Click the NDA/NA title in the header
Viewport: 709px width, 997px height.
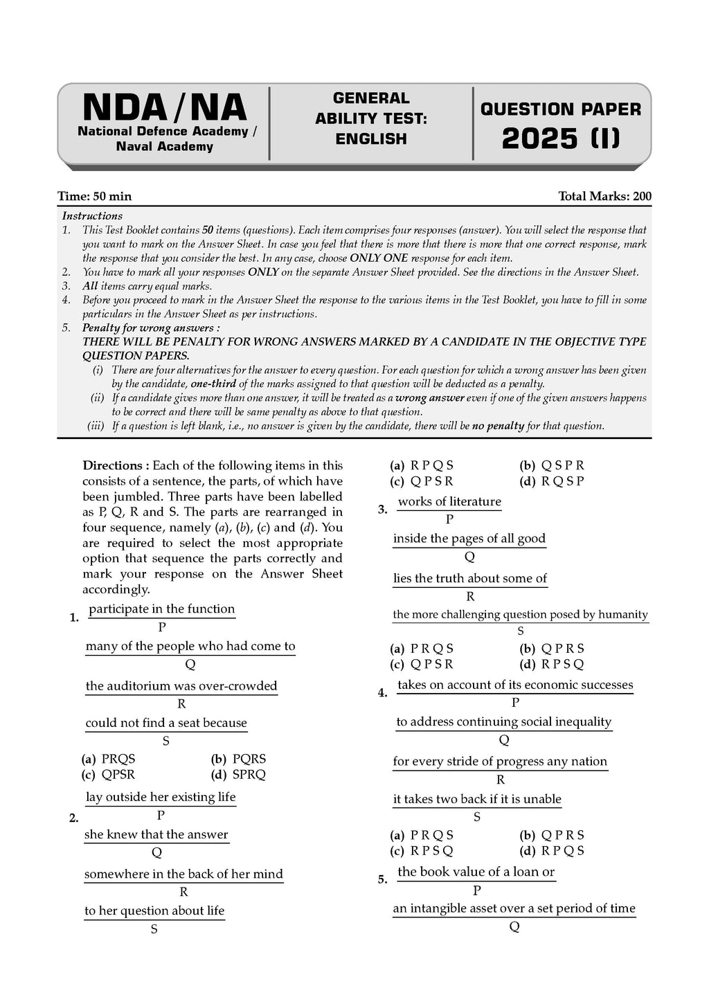point(164,107)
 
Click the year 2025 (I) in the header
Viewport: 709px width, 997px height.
point(560,138)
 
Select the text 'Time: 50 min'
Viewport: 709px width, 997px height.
point(94,197)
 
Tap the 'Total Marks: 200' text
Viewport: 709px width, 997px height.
point(604,197)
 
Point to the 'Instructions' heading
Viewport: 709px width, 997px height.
point(92,216)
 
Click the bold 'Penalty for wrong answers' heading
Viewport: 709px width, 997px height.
point(151,327)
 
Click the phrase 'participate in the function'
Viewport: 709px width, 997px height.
point(162,609)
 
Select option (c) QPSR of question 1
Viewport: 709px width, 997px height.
point(109,775)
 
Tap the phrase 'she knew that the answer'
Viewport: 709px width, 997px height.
point(156,835)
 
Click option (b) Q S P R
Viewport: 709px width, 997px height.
point(552,466)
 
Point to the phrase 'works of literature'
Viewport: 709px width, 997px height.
point(449,502)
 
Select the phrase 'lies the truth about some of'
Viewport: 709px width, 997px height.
point(470,579)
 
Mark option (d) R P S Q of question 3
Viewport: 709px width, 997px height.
point(552,665)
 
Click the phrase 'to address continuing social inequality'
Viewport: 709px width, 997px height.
point(504,722)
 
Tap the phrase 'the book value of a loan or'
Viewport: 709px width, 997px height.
point(476,872)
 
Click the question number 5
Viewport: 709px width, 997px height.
point(382,880)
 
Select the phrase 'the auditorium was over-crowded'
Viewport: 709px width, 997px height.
point(181,686)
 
